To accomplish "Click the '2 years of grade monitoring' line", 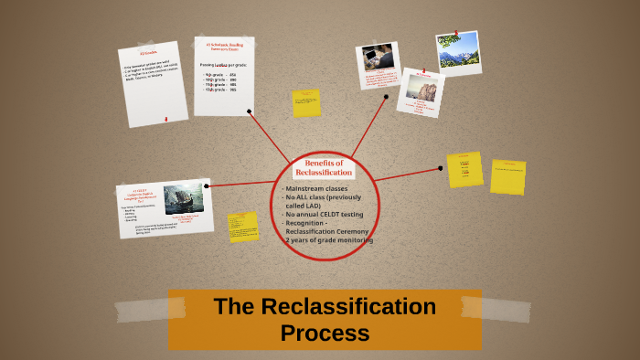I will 327,240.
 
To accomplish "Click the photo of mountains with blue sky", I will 459,52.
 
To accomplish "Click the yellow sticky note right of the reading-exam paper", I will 306,102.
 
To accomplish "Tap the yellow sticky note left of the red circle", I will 243,227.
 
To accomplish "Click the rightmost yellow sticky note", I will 507,176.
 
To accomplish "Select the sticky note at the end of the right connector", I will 464,169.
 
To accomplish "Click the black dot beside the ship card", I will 208,186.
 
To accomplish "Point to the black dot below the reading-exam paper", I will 250,111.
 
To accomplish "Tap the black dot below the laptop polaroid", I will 386,96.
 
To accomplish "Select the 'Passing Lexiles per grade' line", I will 223,67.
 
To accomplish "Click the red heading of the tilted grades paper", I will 149,54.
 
